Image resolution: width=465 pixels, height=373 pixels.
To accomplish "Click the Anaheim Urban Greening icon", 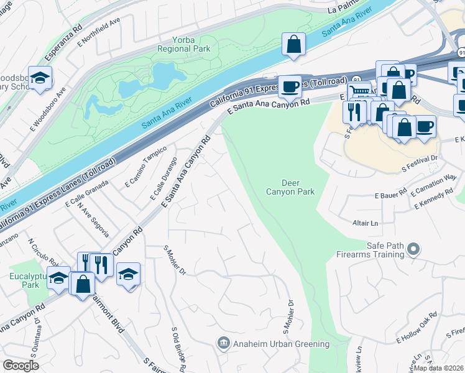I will pyautogui.click(x=222, y=343).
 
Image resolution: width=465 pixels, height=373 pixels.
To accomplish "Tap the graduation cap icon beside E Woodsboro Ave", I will pyautogui.click(x=40, y=78).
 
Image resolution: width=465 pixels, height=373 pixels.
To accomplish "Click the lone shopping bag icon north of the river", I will pyautogui.click(x=293, y=45).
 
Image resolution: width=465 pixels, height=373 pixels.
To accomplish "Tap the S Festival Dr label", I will pyautogui.click(x=420, y=164).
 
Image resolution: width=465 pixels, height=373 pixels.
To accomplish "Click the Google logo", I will pyautogui.click(x=21, y=366).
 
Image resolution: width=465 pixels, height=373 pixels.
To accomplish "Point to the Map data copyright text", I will pyautogui.click(x=438, y=368).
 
